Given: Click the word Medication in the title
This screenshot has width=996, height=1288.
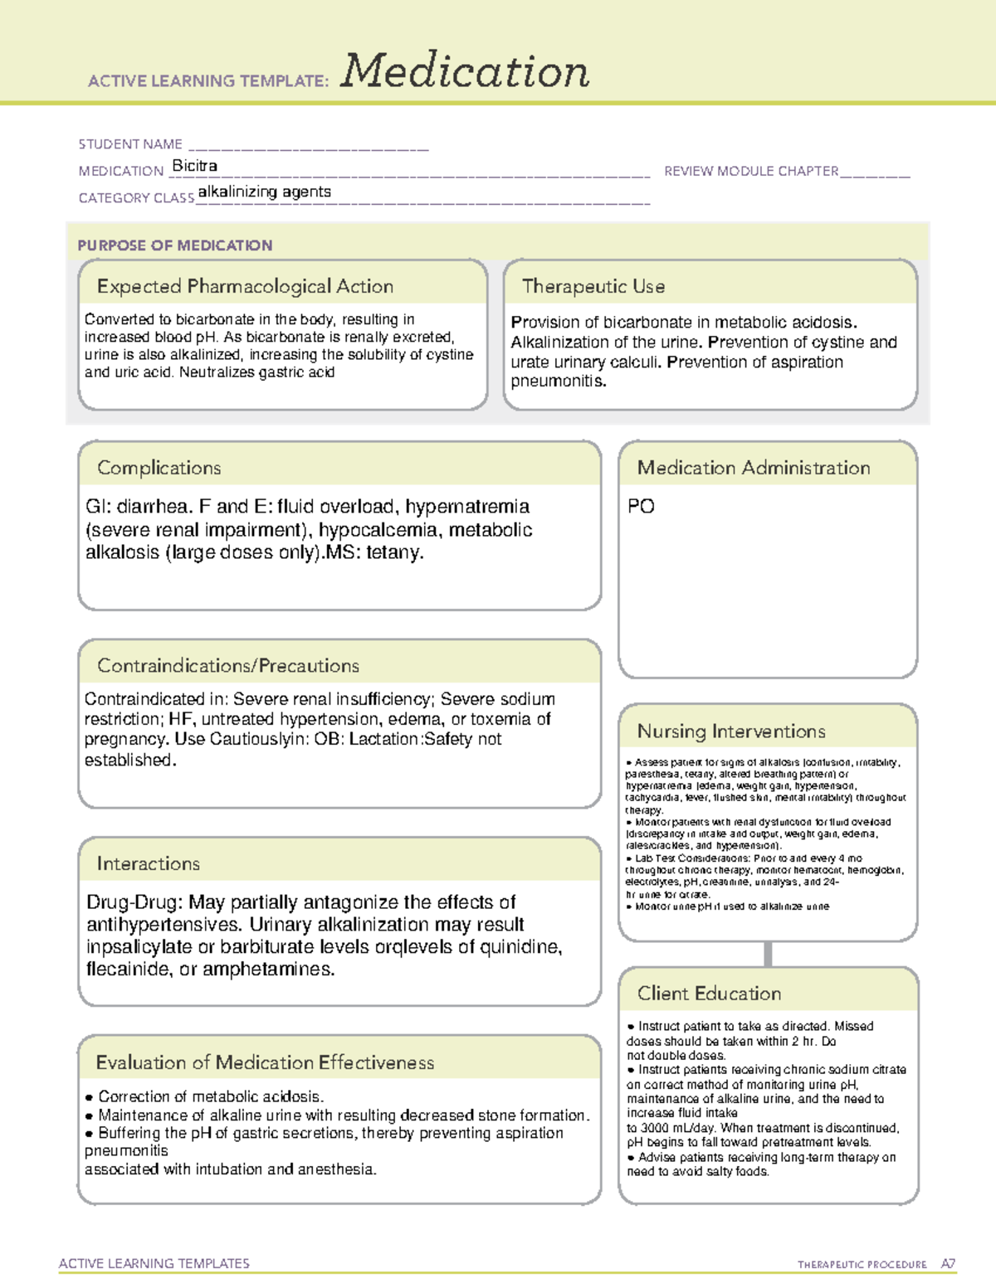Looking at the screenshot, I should point(465,71).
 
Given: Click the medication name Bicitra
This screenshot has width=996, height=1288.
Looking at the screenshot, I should point(194,166).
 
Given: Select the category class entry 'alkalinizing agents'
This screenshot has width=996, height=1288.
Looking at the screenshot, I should point(264,192).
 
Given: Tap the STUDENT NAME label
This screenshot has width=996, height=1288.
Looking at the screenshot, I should point(130,144).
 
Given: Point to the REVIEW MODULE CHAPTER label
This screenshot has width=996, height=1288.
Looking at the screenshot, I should point(751,171).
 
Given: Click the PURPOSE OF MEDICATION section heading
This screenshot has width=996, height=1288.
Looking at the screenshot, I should point(175,245).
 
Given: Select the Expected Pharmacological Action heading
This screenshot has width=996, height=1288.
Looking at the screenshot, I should point(245,286).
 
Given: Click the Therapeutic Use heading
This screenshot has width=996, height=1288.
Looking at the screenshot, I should point(593,286).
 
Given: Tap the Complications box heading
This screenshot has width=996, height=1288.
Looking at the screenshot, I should point(159,468).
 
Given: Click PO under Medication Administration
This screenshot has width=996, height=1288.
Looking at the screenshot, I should point(641,506).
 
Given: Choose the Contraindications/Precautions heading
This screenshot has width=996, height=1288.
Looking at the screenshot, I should point(228,666).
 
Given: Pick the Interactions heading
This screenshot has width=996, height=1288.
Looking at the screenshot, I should point(149,863).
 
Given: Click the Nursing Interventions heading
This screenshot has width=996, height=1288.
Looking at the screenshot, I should point(731,731).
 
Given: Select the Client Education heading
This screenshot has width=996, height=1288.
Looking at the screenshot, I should point(709,994).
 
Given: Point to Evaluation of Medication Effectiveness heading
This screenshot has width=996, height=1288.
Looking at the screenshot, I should point(265,1062).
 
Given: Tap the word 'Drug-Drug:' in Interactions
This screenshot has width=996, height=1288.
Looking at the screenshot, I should point(134,902).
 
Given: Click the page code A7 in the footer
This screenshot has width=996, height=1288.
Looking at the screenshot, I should point(948,1264).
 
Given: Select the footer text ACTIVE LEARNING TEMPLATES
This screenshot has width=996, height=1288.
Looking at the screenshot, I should point(154,1263).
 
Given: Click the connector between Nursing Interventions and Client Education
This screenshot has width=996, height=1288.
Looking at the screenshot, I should point(768,954).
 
